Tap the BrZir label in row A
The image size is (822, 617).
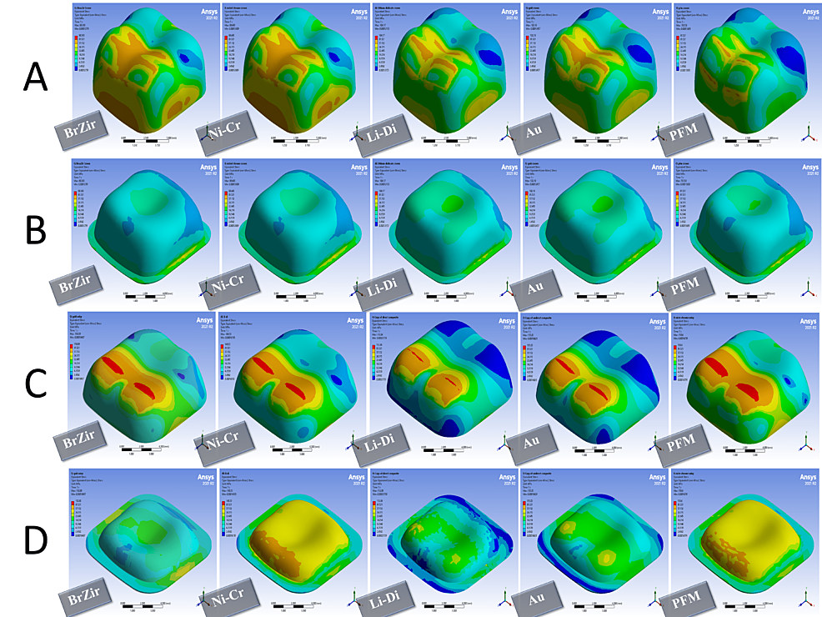(79, 132)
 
